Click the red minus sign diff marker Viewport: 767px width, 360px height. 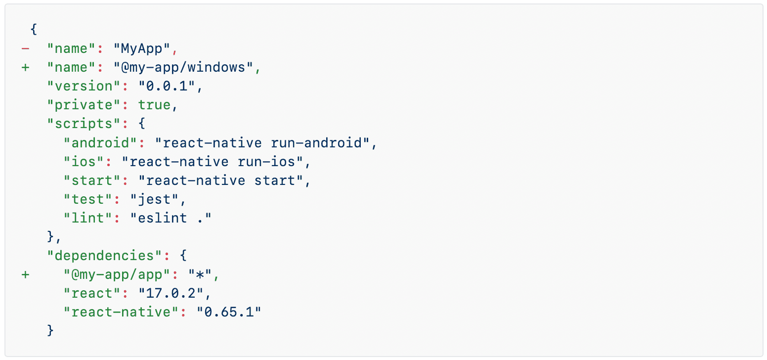(x=25, y=48)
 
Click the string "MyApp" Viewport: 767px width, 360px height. (x=142, y=48)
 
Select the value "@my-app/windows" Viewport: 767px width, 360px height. (x=183, y=67)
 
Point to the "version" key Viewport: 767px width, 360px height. (x=84, y=86)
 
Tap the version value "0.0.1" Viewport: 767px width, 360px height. (x=167, y=86)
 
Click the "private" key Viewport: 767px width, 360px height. (x=84, y=105)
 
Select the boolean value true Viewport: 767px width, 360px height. (x=154, y=105)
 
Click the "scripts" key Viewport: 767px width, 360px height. (x=84, y=124)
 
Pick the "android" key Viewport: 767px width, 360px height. (x=101, y=143)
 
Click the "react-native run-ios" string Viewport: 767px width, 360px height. (x=213, y=162)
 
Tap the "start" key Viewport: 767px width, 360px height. (x=92, y=180)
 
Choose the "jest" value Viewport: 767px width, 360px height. (x=154, y=199)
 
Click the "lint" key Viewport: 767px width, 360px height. (x=88, y=218)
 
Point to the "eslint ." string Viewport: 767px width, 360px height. (x=171, y=218)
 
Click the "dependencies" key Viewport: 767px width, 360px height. (x=104, y=256)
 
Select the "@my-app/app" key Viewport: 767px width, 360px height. (x=117, y=274)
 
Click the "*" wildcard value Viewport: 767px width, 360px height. (x=200, y=274)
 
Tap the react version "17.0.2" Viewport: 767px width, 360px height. (x=171, y=293)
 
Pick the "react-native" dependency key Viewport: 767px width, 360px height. (x=121, y=312)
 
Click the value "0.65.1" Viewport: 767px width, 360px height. (x=229, y=312)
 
